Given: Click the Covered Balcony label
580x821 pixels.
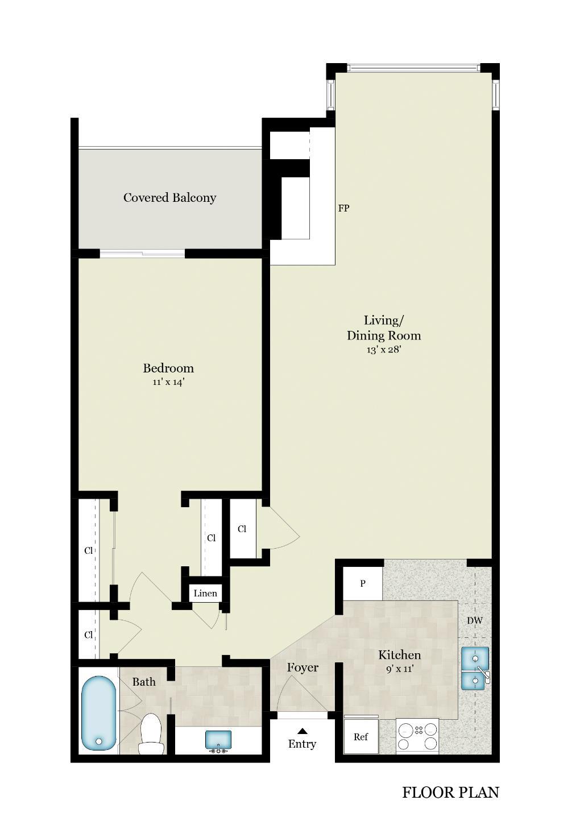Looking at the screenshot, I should (169, 198).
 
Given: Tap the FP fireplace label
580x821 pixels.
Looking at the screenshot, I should (343, 208).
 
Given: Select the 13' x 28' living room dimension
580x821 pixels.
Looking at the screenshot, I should (384, 350).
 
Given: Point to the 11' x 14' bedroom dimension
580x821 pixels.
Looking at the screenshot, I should (168, 383).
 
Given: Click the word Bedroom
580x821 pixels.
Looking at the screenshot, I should (168, 368).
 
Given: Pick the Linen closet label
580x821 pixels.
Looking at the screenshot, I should (205, 594).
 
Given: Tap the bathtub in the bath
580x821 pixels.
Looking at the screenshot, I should (98, 712).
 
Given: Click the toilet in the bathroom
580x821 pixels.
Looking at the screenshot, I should (151, 732).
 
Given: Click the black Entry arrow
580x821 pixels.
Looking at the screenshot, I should (303, 731).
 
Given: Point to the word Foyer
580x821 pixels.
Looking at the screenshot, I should (303, 667).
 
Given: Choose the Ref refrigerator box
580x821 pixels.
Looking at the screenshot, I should (361, 737).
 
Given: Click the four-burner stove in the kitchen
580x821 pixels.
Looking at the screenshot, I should (417, 736).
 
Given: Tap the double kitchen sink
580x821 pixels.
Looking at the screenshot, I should (475, 668).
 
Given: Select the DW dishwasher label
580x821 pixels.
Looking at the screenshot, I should (475, 620).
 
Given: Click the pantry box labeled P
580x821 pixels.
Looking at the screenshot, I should (363, 583).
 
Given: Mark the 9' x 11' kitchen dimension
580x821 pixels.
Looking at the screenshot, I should (400, 669).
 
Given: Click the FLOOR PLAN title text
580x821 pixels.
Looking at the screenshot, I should (450, 793).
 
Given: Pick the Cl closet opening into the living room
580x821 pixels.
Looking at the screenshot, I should (242, 529).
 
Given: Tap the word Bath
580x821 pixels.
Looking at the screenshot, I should (144, 682).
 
